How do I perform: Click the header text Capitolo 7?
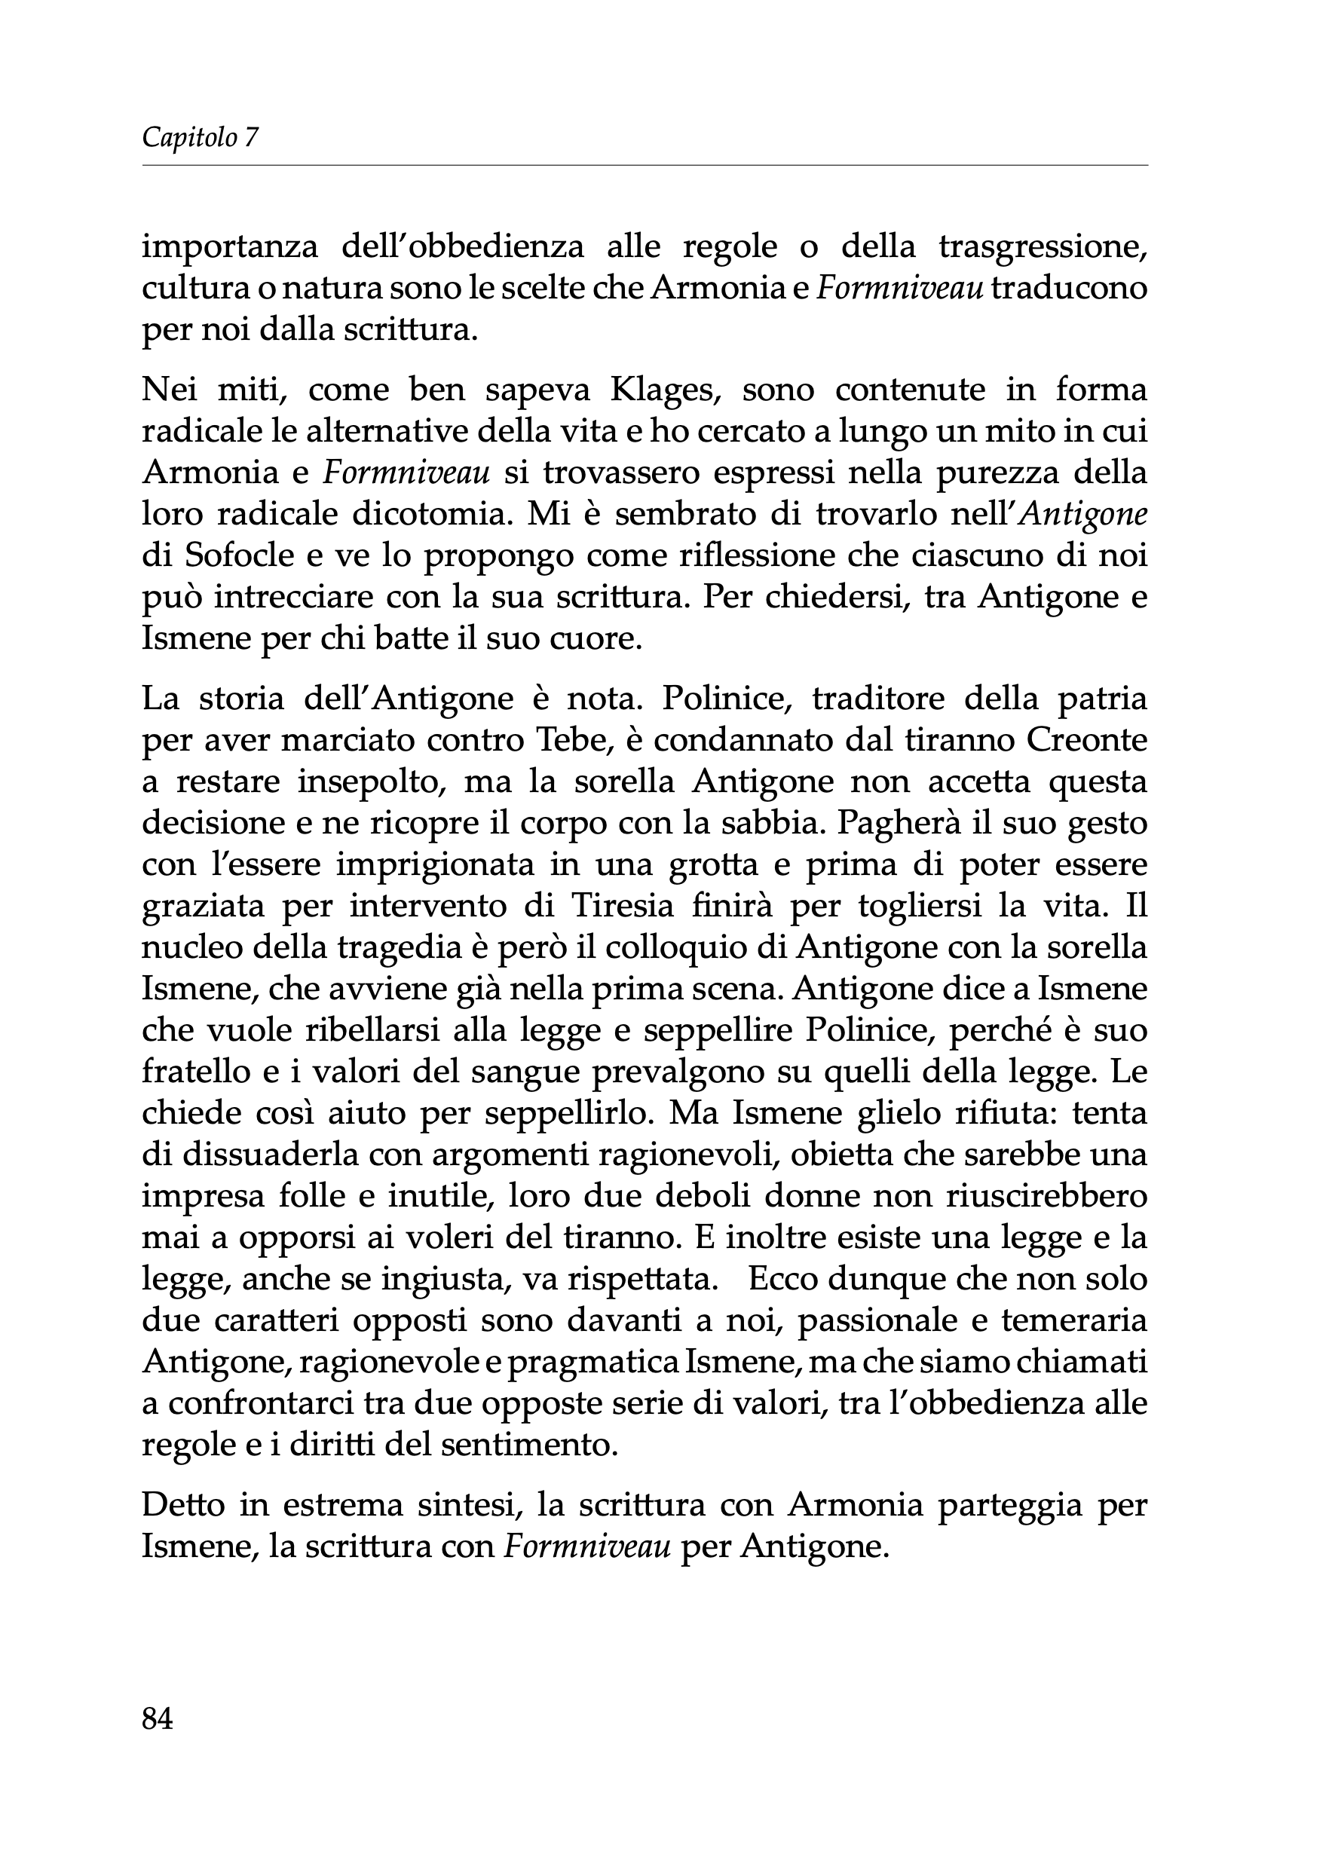[200, 137]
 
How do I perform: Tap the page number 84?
[158, 1718]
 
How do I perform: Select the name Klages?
[665, 390]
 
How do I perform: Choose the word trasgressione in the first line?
[1043, 246]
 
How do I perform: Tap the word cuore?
[598, 638]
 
